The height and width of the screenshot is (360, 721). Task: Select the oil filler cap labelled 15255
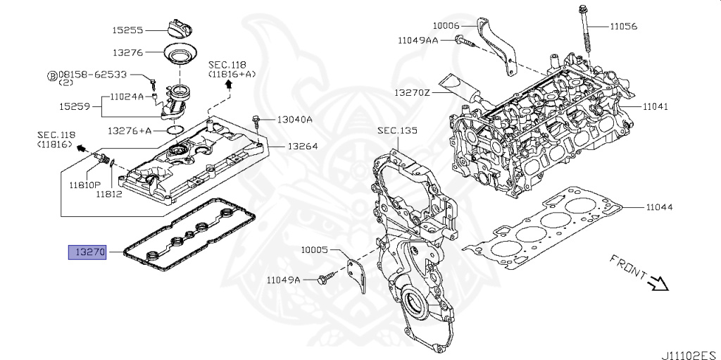coord(179,30)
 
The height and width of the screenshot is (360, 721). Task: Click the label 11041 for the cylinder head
coord(656,106)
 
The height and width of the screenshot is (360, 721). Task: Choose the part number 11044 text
coord(659,207)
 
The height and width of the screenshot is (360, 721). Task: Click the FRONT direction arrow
coord(658,283)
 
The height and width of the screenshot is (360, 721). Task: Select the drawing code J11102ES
coord(691,355)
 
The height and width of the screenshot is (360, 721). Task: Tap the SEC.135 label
coord(397,131)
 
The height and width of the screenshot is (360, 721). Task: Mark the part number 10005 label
coord(315,250)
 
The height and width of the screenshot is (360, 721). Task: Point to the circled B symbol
coord(53,75)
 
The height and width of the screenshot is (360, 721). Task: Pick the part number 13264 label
coord(303,147)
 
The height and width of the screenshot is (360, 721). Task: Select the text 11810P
coord(85,185)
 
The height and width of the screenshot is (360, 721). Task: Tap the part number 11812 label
coord(109,194)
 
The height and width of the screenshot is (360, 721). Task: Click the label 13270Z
coord(412,92)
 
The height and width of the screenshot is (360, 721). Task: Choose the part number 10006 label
coord(446,25)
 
